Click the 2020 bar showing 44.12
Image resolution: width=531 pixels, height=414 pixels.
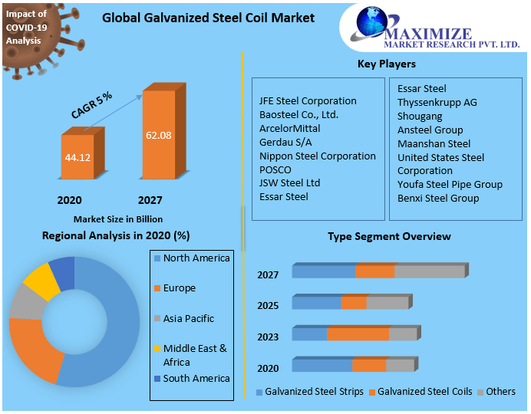point(78,157)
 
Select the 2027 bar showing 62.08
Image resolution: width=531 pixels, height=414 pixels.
point(158,135)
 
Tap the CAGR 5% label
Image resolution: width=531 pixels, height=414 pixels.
point(91,105)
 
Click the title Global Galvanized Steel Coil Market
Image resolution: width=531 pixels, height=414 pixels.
point(208,18)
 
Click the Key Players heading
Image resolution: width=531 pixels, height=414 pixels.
point(387,64)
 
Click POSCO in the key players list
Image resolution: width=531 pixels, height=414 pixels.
point(275,169)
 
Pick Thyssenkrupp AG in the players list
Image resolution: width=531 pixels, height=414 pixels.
point(437,102)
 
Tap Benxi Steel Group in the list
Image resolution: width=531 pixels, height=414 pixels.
point(437,198)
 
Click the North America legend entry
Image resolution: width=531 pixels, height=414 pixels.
point(196,258)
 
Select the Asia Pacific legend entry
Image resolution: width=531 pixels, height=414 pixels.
point(188,318)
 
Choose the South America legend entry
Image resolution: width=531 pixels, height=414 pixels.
point(196,378)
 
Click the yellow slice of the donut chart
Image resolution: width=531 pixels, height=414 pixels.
point(41,280)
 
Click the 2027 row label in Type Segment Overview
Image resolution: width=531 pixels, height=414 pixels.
point(268,274)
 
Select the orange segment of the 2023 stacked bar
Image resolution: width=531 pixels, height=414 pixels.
point(358,333)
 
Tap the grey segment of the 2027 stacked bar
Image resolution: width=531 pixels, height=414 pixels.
point(429,271)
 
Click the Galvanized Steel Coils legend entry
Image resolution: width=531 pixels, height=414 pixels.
point(424,392)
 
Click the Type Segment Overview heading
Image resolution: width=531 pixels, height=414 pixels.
point(389,236)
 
